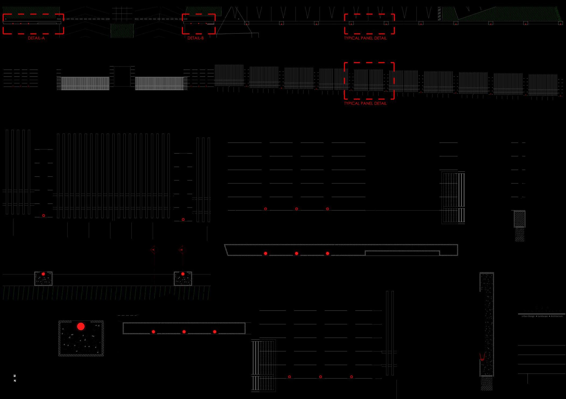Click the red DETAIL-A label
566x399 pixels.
[x=36, y=38]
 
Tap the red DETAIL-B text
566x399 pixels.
[x=195, y=38]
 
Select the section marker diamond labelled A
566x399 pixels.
[x=153, y=250]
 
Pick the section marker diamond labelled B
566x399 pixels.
[x=182, y=250]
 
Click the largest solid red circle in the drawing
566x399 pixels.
[x=81, y=326]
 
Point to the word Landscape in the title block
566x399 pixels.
[x=543, y=316]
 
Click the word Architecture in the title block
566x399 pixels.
[x=557, y=316]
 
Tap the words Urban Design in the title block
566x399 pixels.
[x=528, y=316]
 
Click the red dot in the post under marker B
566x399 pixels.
[x=183, y=274]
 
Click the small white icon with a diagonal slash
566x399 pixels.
[x=15, y=381]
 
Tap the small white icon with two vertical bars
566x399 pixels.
[x=15, y=376]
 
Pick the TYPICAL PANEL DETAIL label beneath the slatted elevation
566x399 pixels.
[x=365, y=103]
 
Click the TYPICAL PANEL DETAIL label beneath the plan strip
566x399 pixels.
[x=365, y=38]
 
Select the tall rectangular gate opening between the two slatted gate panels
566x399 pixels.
[x=122, y=77]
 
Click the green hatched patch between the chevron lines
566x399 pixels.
[x=122, y=30]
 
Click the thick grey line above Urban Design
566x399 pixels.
[x=542, y=314]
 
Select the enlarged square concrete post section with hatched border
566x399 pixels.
[x=81, y=338]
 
